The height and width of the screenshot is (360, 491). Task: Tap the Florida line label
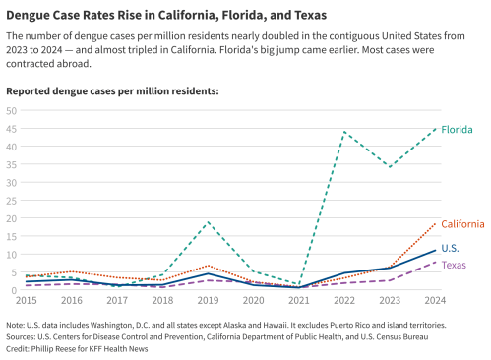[457, 130]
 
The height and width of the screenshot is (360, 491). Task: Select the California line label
[462, 224]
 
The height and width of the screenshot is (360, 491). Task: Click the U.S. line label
[451, 248]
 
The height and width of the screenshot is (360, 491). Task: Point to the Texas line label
[454, 265]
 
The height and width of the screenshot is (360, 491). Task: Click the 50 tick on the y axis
[12, 110]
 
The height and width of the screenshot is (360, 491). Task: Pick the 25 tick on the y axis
[12, 201]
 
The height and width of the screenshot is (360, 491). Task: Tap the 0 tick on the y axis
[15, 290]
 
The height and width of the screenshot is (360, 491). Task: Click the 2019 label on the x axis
[208, 300]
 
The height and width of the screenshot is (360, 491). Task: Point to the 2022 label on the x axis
[344, 300]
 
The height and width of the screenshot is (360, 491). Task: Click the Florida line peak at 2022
[344, 132]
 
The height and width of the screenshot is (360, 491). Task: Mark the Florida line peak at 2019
[208, 222]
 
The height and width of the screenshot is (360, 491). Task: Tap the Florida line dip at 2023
[391, 167]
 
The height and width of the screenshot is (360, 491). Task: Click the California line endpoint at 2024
[436, 223]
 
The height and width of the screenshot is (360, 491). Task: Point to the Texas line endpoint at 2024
[436, 262]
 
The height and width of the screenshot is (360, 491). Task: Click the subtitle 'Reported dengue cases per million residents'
[112, 90]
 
